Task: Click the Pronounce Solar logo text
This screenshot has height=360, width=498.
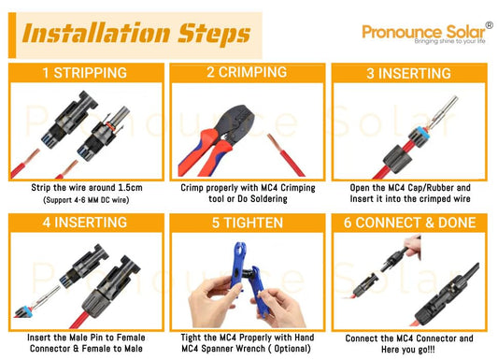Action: [423, 32]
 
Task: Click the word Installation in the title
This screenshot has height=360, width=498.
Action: [96, 33]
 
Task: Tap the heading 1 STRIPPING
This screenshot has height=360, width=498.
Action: [85, 73]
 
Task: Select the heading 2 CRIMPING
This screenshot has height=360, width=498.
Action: [247, 72]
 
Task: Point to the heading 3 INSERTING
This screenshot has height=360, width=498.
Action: [408, 73]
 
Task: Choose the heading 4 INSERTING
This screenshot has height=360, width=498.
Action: [85, 223]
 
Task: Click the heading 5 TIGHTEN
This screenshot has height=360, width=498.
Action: [248, 223]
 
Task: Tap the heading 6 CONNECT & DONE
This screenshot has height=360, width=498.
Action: [410, 223]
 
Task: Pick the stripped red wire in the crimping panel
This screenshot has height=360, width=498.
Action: [285, 154]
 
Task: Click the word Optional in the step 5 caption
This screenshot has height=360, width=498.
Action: [292, 349]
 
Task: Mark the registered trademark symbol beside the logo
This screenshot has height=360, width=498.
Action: [490, 25]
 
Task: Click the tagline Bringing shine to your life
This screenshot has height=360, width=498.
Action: [449, 41]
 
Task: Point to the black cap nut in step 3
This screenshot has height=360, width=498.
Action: [398, 159]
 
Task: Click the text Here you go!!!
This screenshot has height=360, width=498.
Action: [408, 350]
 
